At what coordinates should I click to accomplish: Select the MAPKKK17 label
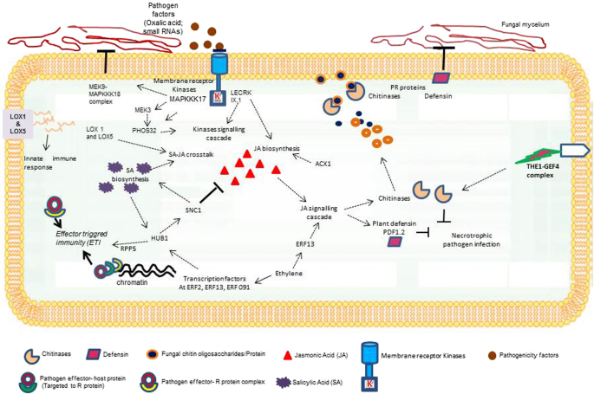coord(193,100)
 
